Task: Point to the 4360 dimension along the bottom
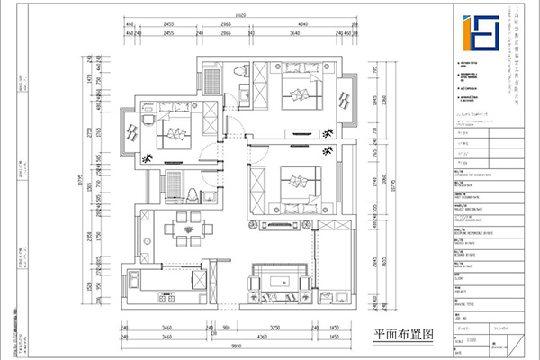point(259,337)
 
